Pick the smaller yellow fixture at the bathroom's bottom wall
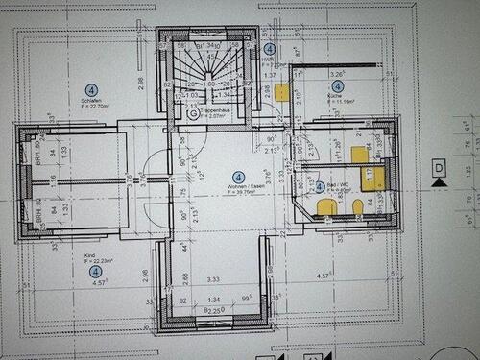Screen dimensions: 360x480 357,206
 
